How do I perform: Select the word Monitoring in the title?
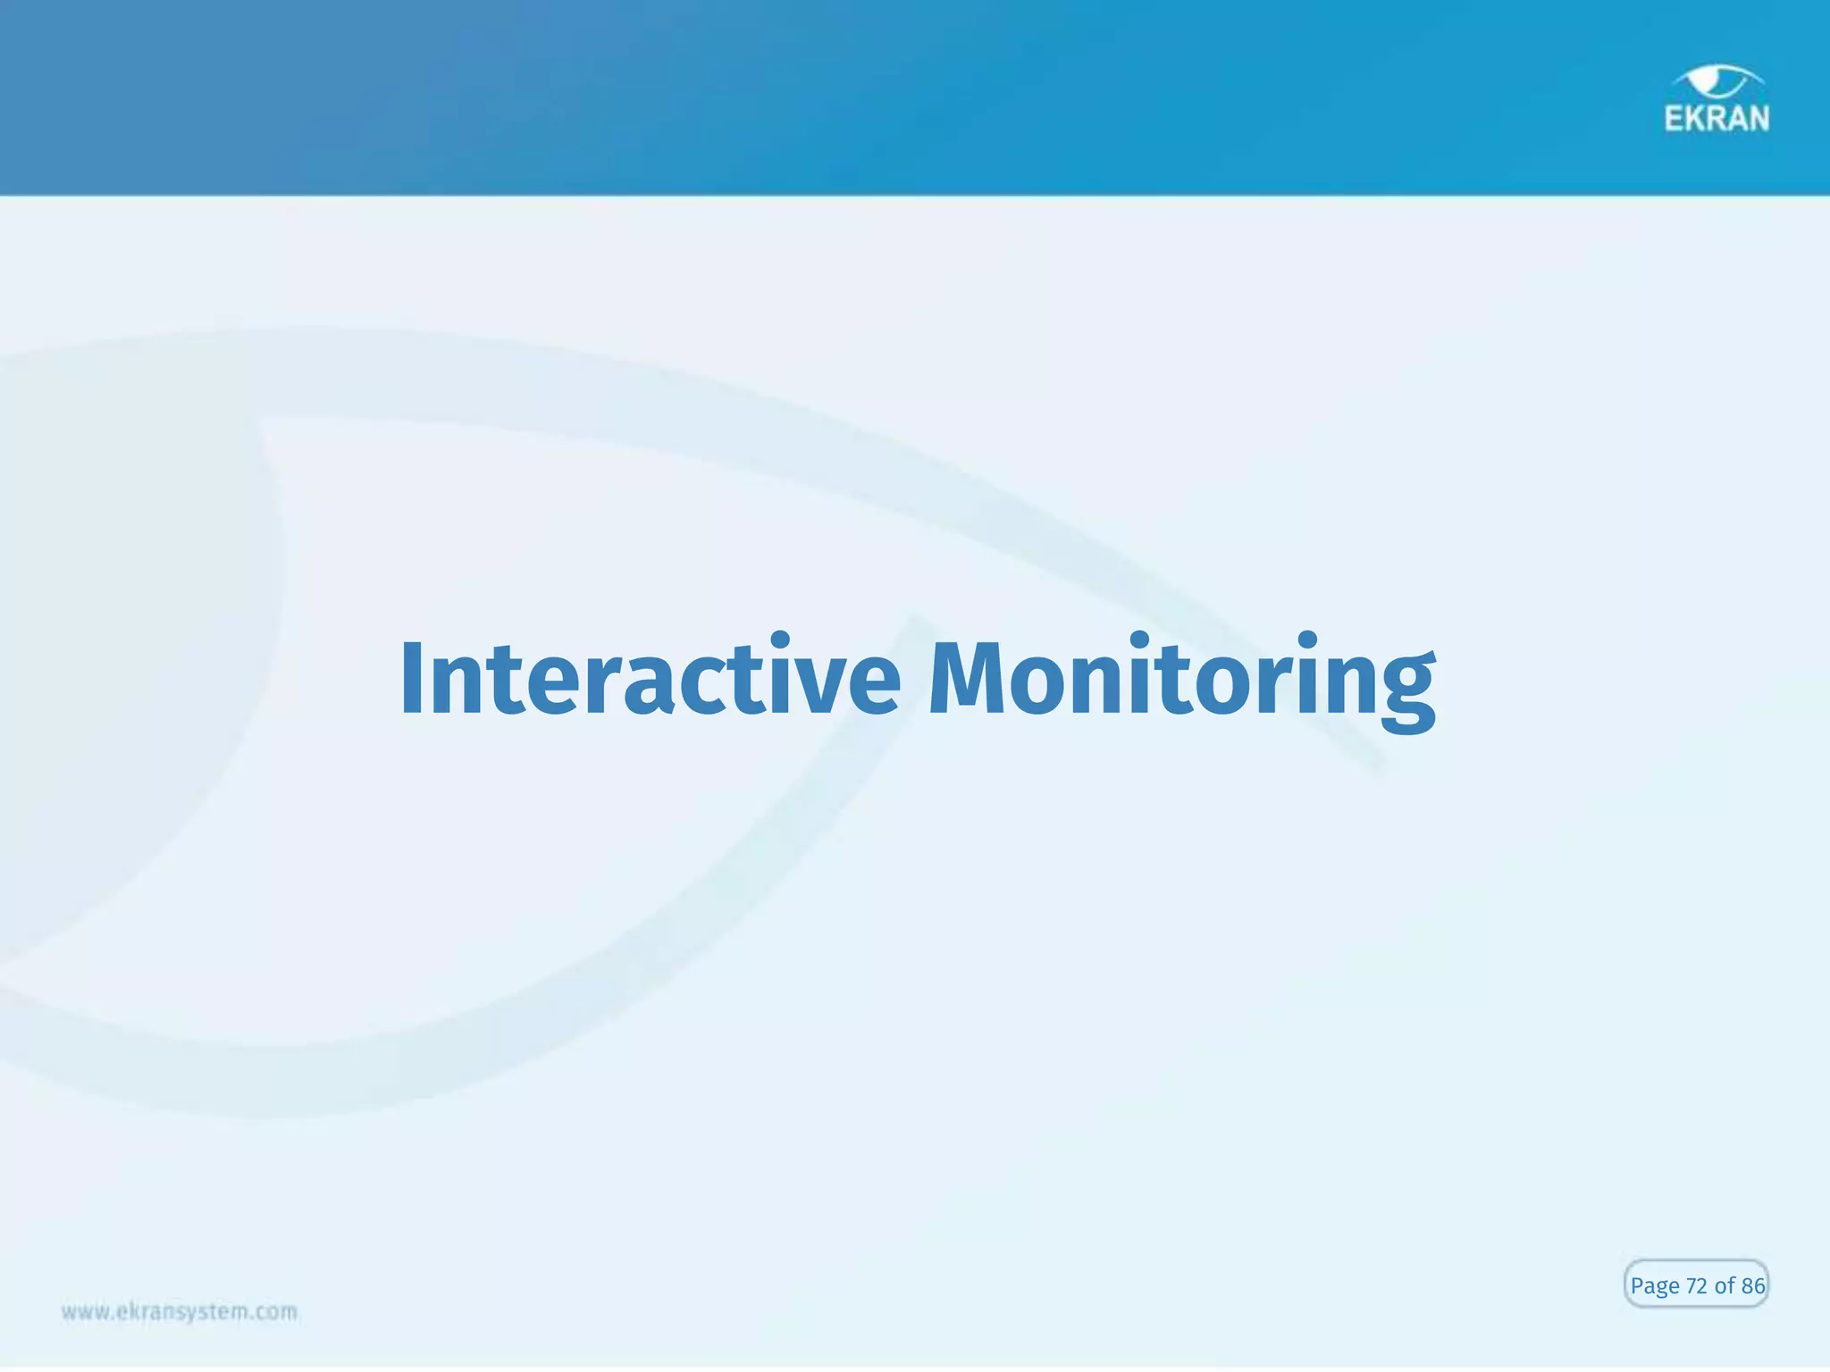1181,681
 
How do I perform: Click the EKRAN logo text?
1716,119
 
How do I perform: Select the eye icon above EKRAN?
1717,82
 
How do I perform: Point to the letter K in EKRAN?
1695,119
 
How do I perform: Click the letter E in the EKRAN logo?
1674,119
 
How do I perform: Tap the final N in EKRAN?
1758,119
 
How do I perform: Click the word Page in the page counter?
1655,1286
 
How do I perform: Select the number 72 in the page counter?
1697,1286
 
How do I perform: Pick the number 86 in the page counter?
1753,1286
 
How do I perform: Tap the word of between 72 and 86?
1725,1286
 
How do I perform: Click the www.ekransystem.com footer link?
179,1312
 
